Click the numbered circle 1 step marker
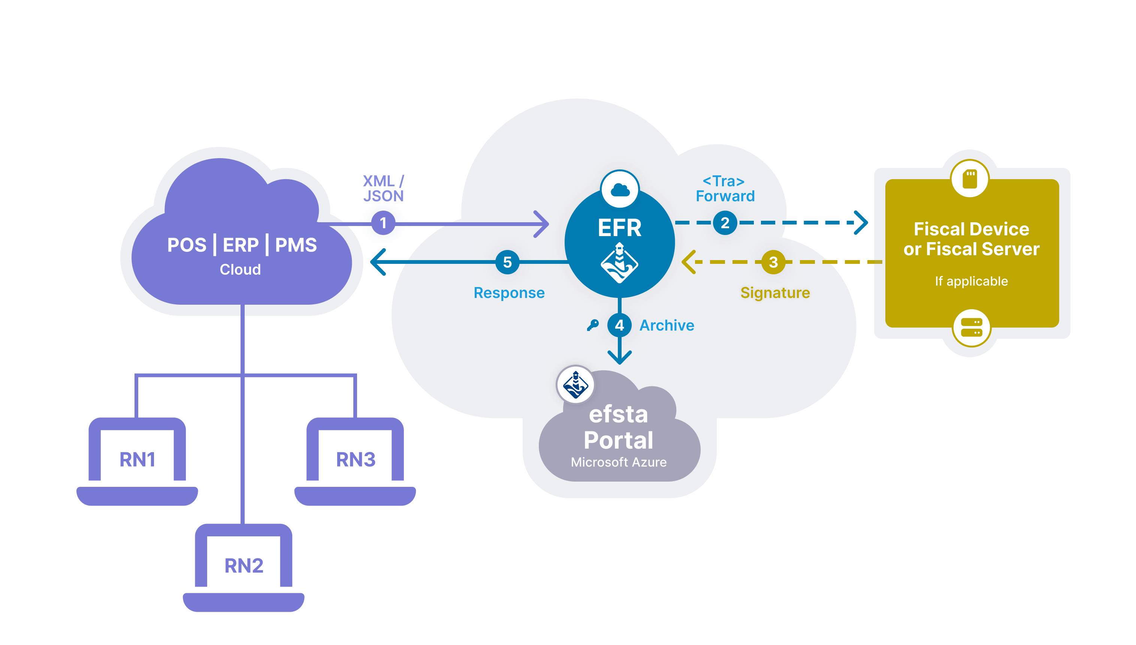coord(383,223)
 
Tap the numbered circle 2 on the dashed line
coord(725,223)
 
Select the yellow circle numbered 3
coord(773,262)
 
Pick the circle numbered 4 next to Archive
coord(619,325)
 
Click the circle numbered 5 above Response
coord(507,262)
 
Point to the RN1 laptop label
coord(137,459)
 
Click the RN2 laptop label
coord(244,566)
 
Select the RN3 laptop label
coord(356,459)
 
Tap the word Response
coord(509,293)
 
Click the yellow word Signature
coord(775,293)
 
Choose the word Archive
coord(667,325)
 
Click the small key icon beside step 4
coord(593,325)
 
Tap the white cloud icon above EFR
coord(620,190)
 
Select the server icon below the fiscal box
coord(971,328)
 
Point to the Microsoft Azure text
coord(619,462)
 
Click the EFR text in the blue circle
coord(619,228)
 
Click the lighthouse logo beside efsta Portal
coord(575,385)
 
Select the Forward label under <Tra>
coord(725,196)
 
